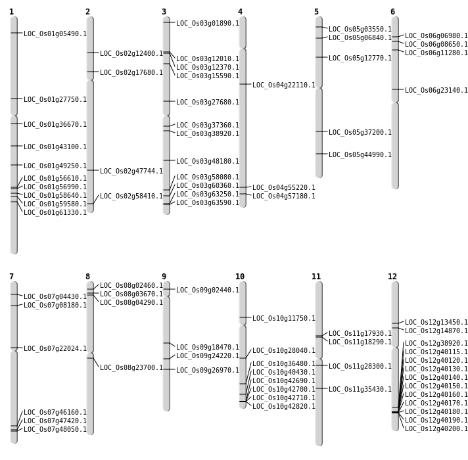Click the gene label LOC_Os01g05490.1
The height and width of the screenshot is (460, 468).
[55, 34]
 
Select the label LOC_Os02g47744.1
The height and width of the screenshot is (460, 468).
[131, 172]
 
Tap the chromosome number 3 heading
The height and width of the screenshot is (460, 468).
[164, 12]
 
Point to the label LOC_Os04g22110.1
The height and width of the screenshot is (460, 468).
[284, 85]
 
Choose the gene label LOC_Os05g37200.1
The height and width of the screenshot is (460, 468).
[360, 133]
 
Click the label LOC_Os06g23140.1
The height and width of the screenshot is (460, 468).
[436, 91]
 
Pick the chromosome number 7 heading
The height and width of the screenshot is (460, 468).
[11, 277]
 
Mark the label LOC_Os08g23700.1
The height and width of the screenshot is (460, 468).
[131, 368]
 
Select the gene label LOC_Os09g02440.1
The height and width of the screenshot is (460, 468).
[208, 290]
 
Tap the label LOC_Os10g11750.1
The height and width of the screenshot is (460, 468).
[284, 319]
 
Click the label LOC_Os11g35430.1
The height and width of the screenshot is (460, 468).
[360, 390]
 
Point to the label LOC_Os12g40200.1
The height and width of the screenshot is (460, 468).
[436, 429]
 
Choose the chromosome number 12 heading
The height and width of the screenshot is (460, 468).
[392, 277]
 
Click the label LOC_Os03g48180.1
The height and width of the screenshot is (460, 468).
[208, 162]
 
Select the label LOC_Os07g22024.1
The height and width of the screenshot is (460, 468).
[55, 349]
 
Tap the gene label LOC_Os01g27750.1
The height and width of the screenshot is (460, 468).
[55, 100]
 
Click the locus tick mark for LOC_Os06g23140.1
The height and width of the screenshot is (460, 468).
[395, 89]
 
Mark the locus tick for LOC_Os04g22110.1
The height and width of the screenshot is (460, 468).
[243, 84]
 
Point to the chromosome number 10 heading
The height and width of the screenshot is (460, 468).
[240, 277]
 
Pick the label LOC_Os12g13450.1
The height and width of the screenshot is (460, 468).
[436, 323]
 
